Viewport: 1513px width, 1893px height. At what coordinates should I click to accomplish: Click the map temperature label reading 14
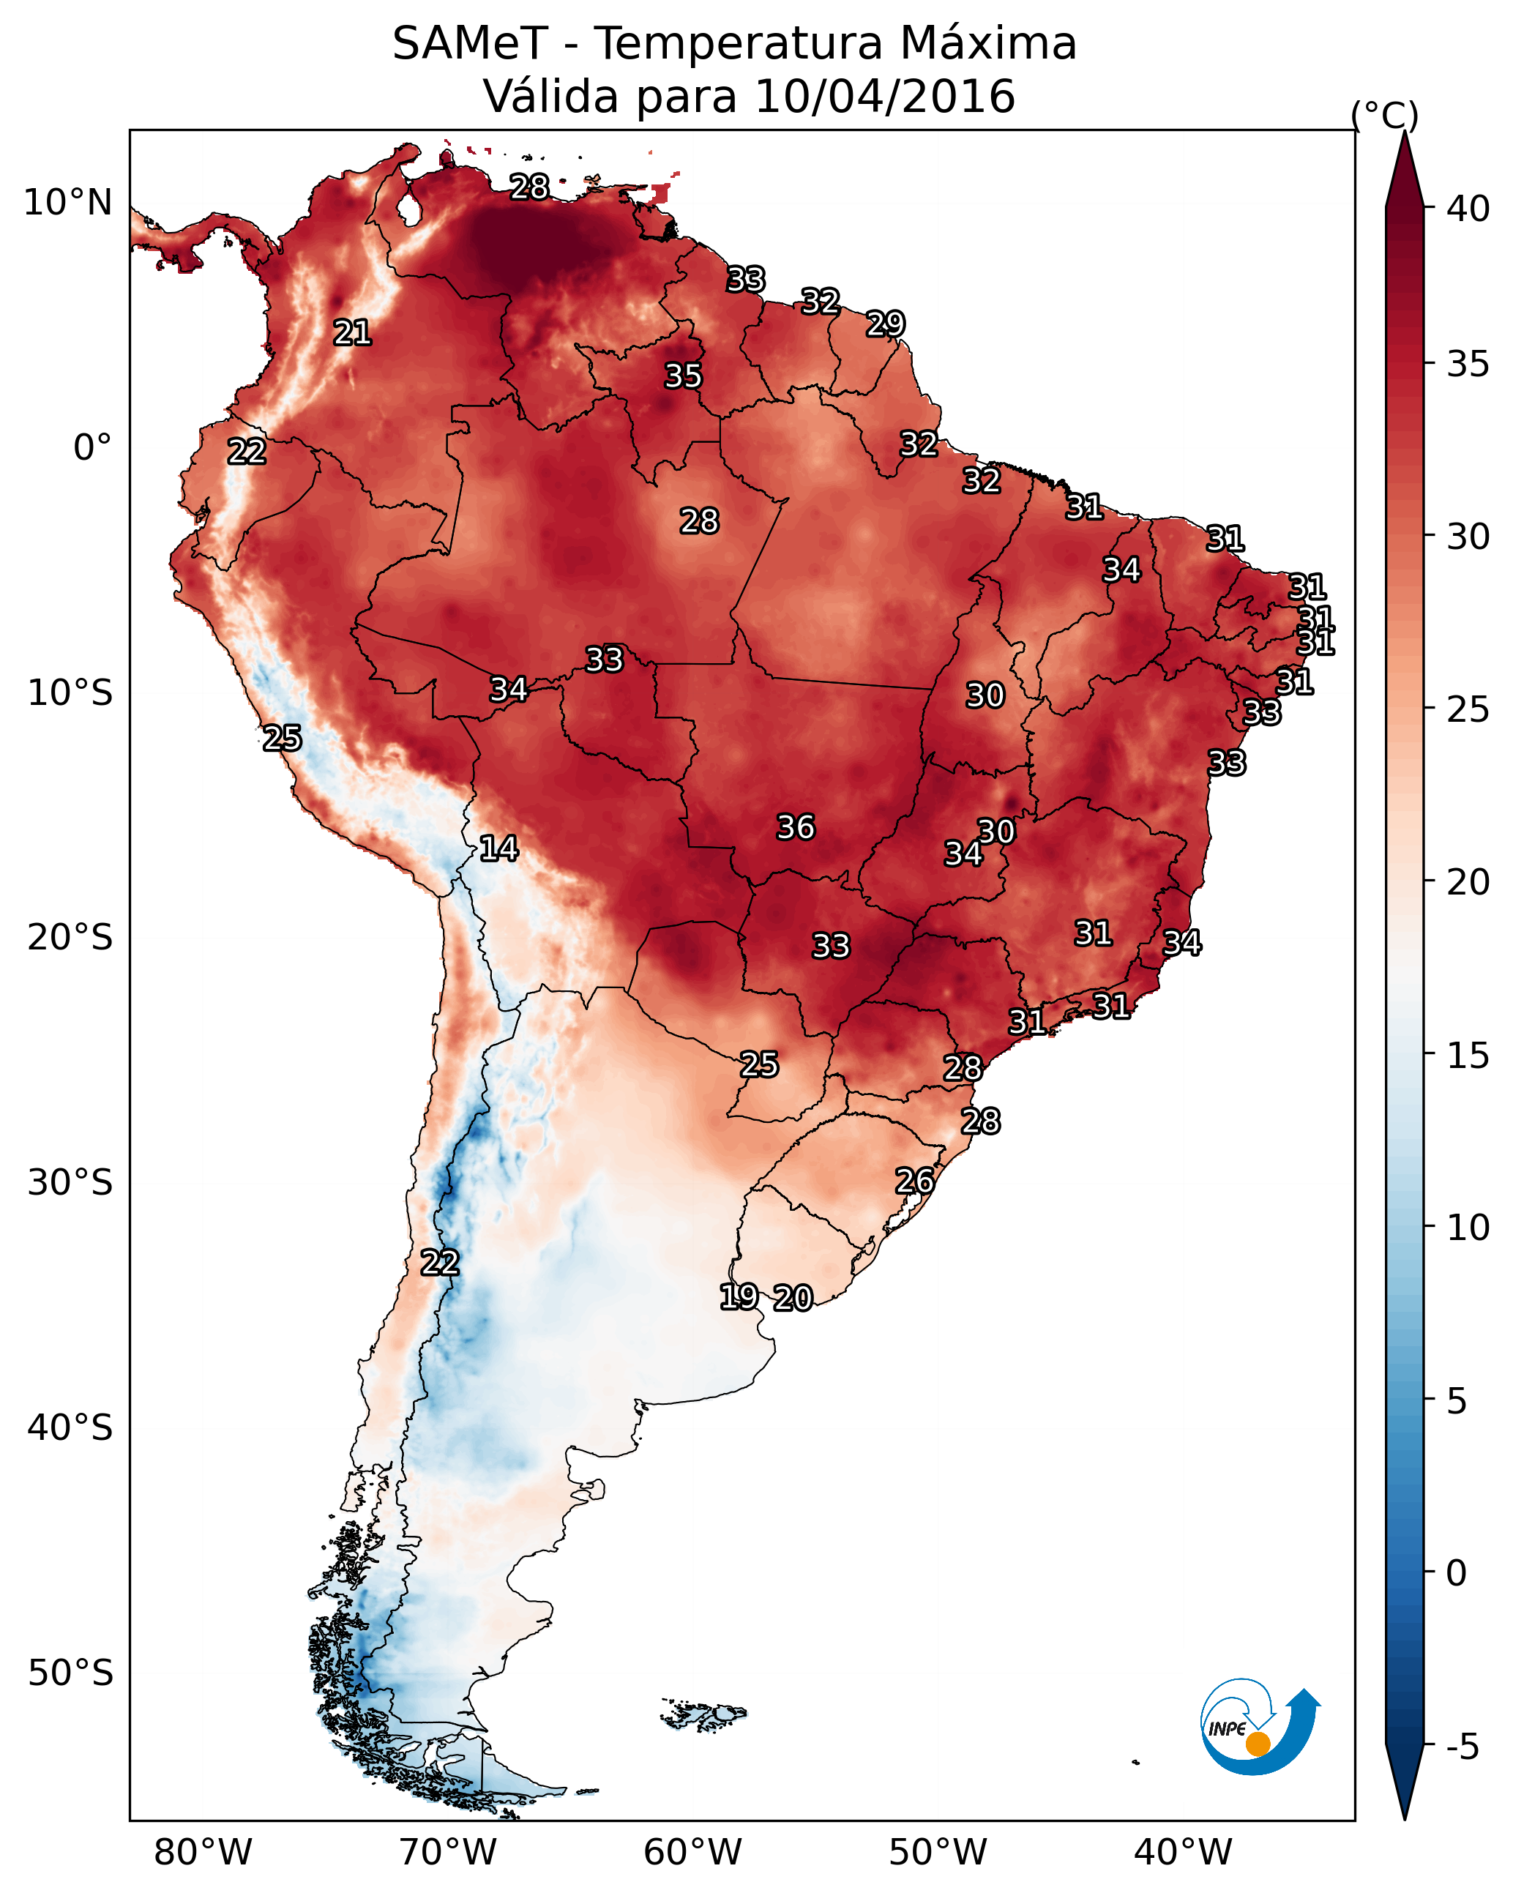point(498,848)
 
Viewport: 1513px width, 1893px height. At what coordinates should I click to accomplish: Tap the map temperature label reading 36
point(796,827)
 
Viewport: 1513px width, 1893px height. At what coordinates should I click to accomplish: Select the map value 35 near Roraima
point(683,376)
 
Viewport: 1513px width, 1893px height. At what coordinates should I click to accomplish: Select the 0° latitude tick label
point(93,448)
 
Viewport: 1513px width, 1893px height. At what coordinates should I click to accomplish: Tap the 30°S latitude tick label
point(70,1183)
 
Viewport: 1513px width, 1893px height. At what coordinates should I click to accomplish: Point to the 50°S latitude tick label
point(70,1673)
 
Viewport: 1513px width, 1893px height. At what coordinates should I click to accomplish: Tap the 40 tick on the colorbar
point(1468,209)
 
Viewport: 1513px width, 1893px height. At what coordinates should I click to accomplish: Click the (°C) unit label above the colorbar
point(1385,115)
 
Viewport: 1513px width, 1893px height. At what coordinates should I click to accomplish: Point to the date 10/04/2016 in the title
point(884,96)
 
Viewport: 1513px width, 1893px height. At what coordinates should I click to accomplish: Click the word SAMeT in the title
point(470,43)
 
